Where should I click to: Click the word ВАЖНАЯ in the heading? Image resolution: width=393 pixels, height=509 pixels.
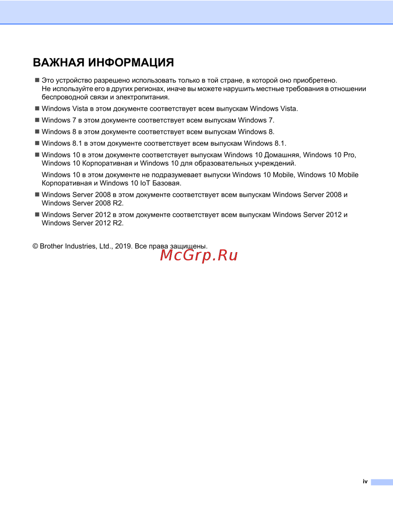click(59, 63)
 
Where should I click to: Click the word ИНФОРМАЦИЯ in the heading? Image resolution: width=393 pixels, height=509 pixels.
click(131, 63)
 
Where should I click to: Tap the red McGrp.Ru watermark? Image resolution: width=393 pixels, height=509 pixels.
click(199, 256)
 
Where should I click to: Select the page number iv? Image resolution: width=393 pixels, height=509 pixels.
click(365, 481)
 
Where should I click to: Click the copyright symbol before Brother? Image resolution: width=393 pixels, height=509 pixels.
click(35, 246)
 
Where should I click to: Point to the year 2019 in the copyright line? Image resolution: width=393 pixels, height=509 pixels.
click(123, 246)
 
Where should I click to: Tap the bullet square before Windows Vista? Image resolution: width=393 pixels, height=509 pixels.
click(37, 108)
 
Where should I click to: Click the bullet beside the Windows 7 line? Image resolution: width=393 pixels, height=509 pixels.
click(37, 120)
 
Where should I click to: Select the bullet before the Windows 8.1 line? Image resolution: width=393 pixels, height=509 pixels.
click(37, 143)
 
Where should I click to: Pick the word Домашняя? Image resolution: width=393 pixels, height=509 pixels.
click(281, 155)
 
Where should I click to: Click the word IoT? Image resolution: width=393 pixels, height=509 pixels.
click(145, 183)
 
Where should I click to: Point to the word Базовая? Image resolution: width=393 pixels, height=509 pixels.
click(167, 183)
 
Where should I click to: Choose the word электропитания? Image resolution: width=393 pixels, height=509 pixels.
click(142, 97)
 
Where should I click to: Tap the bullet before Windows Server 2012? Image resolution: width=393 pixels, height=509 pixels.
click(37, 214)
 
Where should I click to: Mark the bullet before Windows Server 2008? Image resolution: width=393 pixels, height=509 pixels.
click(37, 194)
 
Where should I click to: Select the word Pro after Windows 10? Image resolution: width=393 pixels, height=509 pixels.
click(349, 155)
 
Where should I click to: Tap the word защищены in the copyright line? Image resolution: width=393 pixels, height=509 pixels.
click(188, 247)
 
